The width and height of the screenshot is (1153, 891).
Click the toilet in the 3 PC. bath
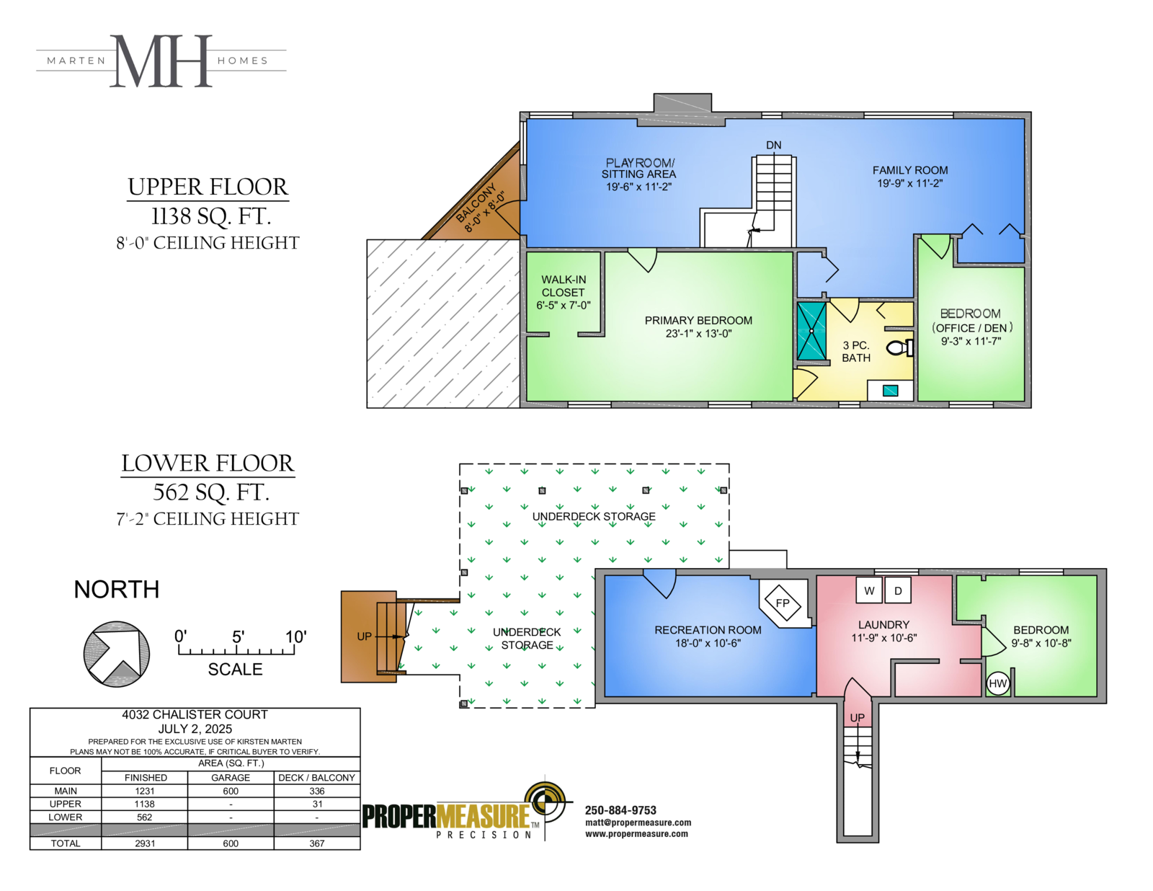[899, 348]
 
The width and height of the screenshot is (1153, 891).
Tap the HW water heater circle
[997, 683]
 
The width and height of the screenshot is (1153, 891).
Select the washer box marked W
[869, 590]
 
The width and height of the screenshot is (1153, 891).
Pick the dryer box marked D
[899, 590]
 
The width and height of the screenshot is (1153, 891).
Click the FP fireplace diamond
[783, 603]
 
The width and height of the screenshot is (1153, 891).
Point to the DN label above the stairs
[774, 145]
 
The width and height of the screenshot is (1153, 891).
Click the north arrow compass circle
[117, 655]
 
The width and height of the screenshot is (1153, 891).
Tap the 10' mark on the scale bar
[296, 637]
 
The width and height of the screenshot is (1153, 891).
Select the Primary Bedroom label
[698, 321]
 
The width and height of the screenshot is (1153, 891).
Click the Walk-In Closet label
[563, 286]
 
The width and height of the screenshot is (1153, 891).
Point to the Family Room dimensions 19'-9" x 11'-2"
[910, 183]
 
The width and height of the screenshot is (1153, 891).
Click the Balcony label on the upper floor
[476, 203]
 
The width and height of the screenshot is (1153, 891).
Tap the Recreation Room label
[708, 630]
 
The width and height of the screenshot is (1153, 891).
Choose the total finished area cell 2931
[145, 843]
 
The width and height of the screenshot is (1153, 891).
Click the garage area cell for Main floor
[231, 791]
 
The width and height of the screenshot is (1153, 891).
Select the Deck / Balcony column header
[317, 777]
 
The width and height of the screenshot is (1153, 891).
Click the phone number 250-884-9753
[620, 810]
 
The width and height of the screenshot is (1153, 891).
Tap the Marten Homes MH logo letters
[161, 61]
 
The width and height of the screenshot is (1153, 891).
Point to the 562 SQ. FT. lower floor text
[211, 492]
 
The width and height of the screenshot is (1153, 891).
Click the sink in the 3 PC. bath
[891, 391]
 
